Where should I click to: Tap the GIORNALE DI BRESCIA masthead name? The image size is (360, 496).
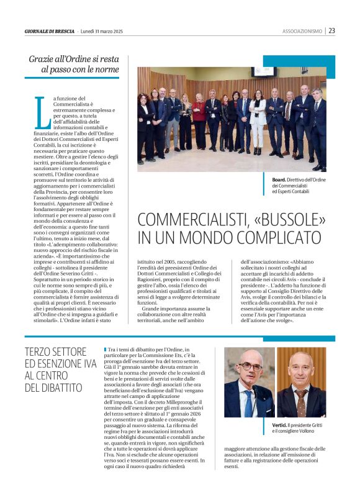point(50,31)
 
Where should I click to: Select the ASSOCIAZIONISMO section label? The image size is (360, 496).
point(302,31)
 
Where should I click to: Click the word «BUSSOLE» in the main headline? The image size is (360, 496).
point(286,220)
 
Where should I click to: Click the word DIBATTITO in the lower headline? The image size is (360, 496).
point(53,388)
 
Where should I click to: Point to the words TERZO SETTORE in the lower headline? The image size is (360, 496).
point(55,351)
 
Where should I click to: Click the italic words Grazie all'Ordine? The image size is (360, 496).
point(64,59)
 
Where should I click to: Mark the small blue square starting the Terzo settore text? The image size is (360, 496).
point(97,349)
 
